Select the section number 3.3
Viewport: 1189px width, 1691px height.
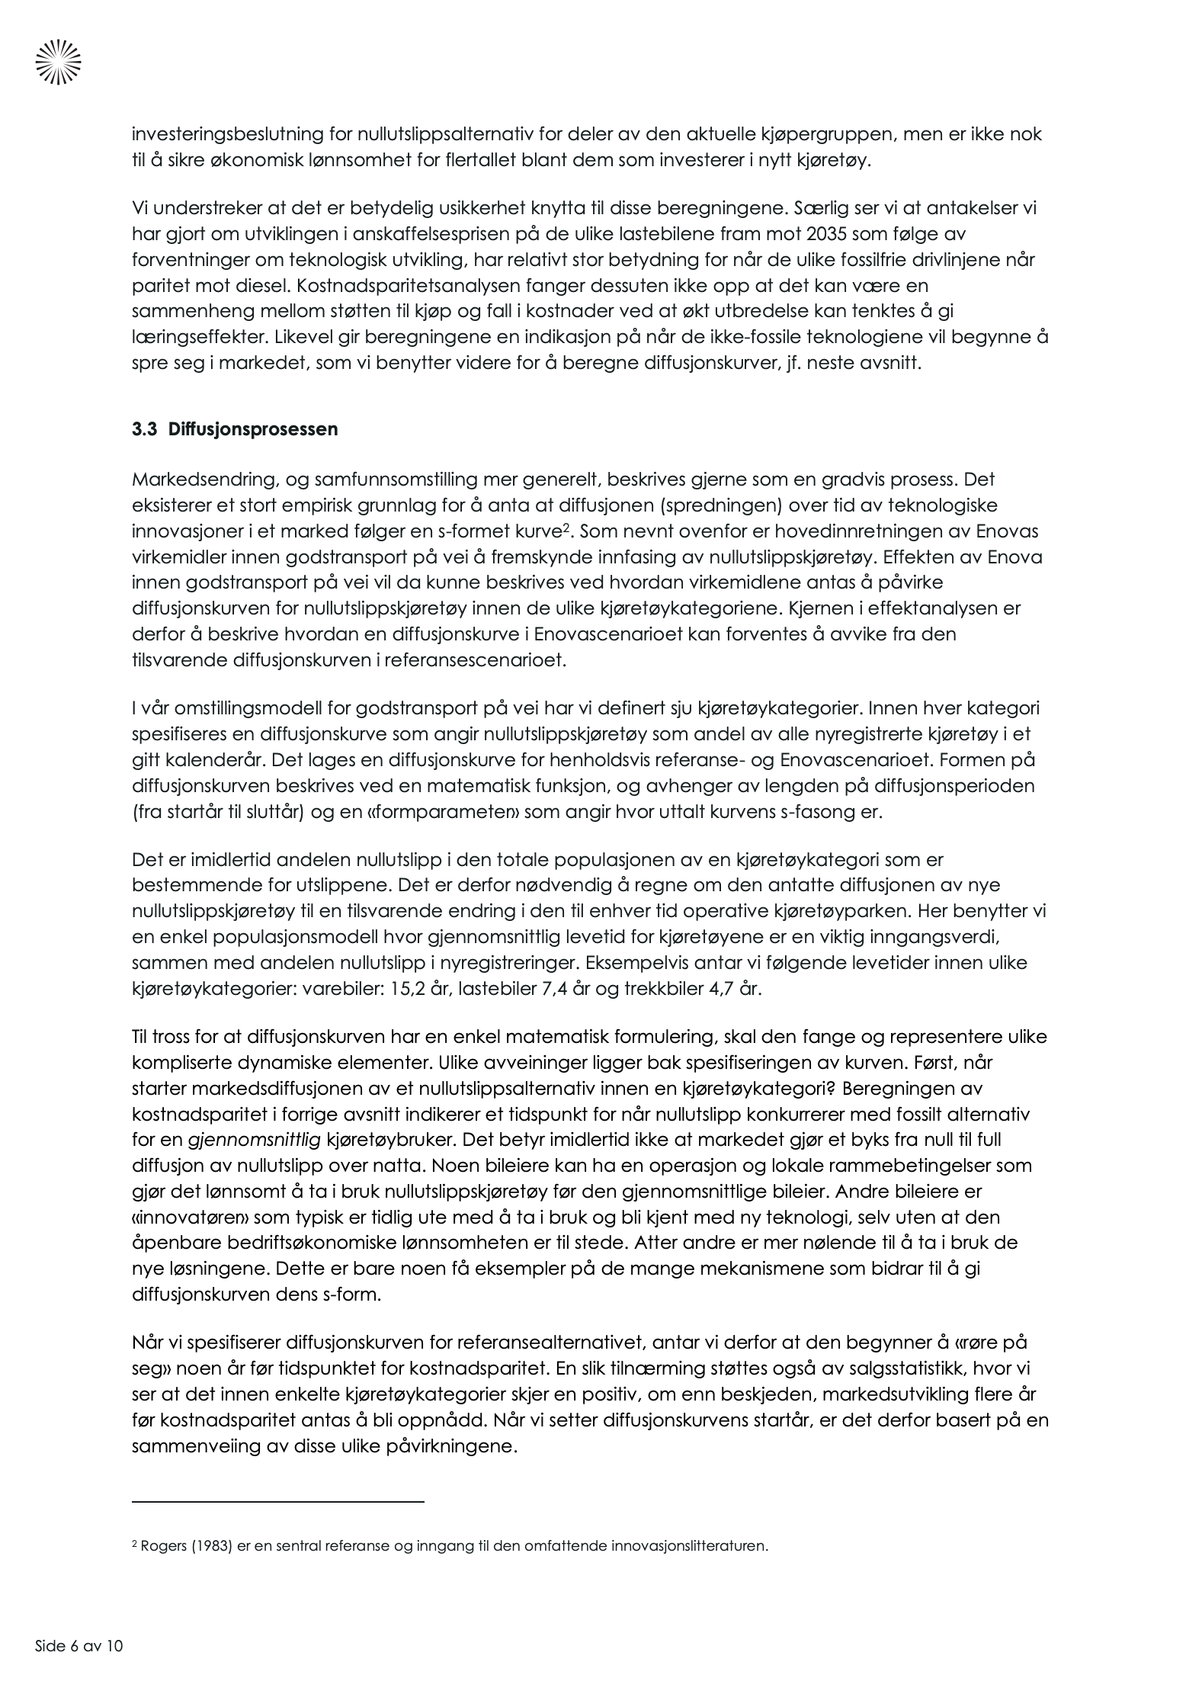pyautogui.click(x=144, y=429)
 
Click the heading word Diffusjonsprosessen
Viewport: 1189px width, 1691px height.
pyautogui.click(x=253, y=429)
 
